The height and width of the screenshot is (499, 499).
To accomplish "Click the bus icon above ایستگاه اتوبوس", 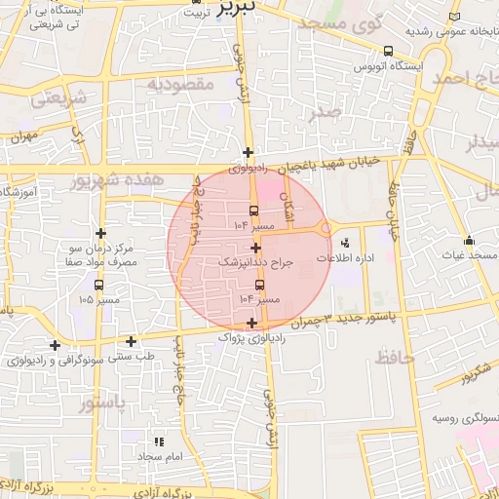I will coord(388,51).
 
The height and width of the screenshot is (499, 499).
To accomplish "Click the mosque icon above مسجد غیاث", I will coord(469,240).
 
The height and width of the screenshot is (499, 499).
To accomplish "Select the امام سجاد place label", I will coord(160,456).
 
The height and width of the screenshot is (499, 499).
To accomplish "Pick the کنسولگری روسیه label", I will coord(464,419).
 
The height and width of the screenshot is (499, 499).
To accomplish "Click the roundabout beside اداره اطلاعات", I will coord(325,229).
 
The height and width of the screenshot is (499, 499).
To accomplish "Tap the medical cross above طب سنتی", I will coord(132,341).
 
